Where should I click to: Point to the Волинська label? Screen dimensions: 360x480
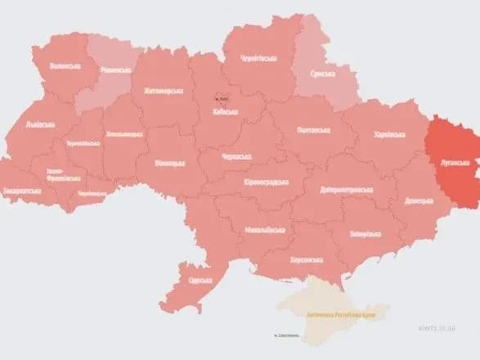coord(64,65)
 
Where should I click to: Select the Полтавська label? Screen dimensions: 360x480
coord(312,130)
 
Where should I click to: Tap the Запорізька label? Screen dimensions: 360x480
coord(361,233)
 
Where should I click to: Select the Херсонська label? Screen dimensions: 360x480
coord(307,260)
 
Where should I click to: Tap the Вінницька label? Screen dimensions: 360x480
coord(169,164)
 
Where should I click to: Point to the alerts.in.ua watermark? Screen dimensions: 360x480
coord(445,346)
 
